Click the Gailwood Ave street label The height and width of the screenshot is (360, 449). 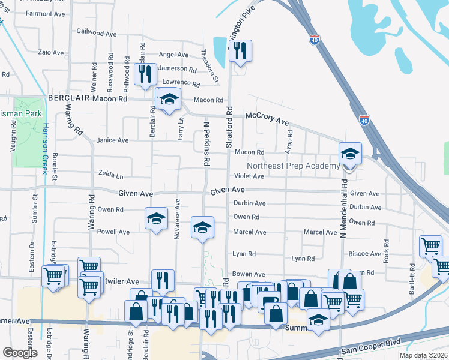(97, 32)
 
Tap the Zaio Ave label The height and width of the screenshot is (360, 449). (51, 53)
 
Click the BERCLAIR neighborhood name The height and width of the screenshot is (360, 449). (71, 98)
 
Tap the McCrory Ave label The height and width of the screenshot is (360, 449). (266, 119)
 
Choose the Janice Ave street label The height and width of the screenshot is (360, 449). (113, 140)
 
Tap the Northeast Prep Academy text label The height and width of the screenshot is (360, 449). (292, 166)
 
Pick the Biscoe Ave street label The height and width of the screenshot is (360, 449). (366, 254)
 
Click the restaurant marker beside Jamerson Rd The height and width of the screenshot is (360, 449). (145, 75)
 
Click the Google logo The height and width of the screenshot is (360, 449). (20, 353)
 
